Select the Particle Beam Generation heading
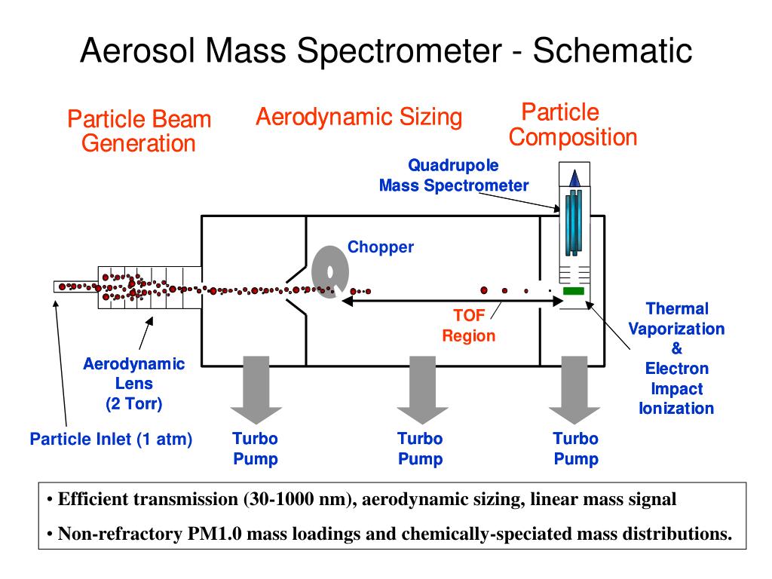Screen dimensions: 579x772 tap(139, 130)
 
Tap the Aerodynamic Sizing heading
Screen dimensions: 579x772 tap(358, 117)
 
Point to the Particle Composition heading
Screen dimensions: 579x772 tap(572, 124)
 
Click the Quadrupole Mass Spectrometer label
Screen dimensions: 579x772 tap(453, 175)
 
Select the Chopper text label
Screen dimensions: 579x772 tap(380, 247)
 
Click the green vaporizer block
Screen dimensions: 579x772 tap(574, 291)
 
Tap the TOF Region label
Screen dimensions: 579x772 tap(468, 326)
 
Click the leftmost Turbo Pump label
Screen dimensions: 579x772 tap(255, 449)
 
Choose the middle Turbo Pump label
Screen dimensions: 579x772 tap(420, 449)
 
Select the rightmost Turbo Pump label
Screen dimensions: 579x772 tap(575, 449)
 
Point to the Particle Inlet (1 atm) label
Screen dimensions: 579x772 tap(111, 439)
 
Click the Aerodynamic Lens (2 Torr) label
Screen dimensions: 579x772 tap(133, 384)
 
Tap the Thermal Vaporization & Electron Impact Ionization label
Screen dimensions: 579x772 tap(676, 358)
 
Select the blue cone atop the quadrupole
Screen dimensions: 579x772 tap(574, 178)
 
